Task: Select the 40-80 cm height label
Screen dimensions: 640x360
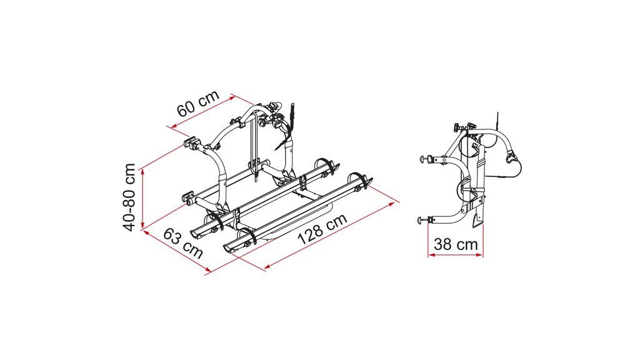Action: [130, 197]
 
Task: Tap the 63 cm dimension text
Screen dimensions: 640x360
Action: [183, 244]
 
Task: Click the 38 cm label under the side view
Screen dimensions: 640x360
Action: [456, 244]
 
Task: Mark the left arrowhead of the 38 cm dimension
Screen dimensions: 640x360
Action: [431, 256]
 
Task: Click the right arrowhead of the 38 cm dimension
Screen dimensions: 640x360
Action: [479, 256]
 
